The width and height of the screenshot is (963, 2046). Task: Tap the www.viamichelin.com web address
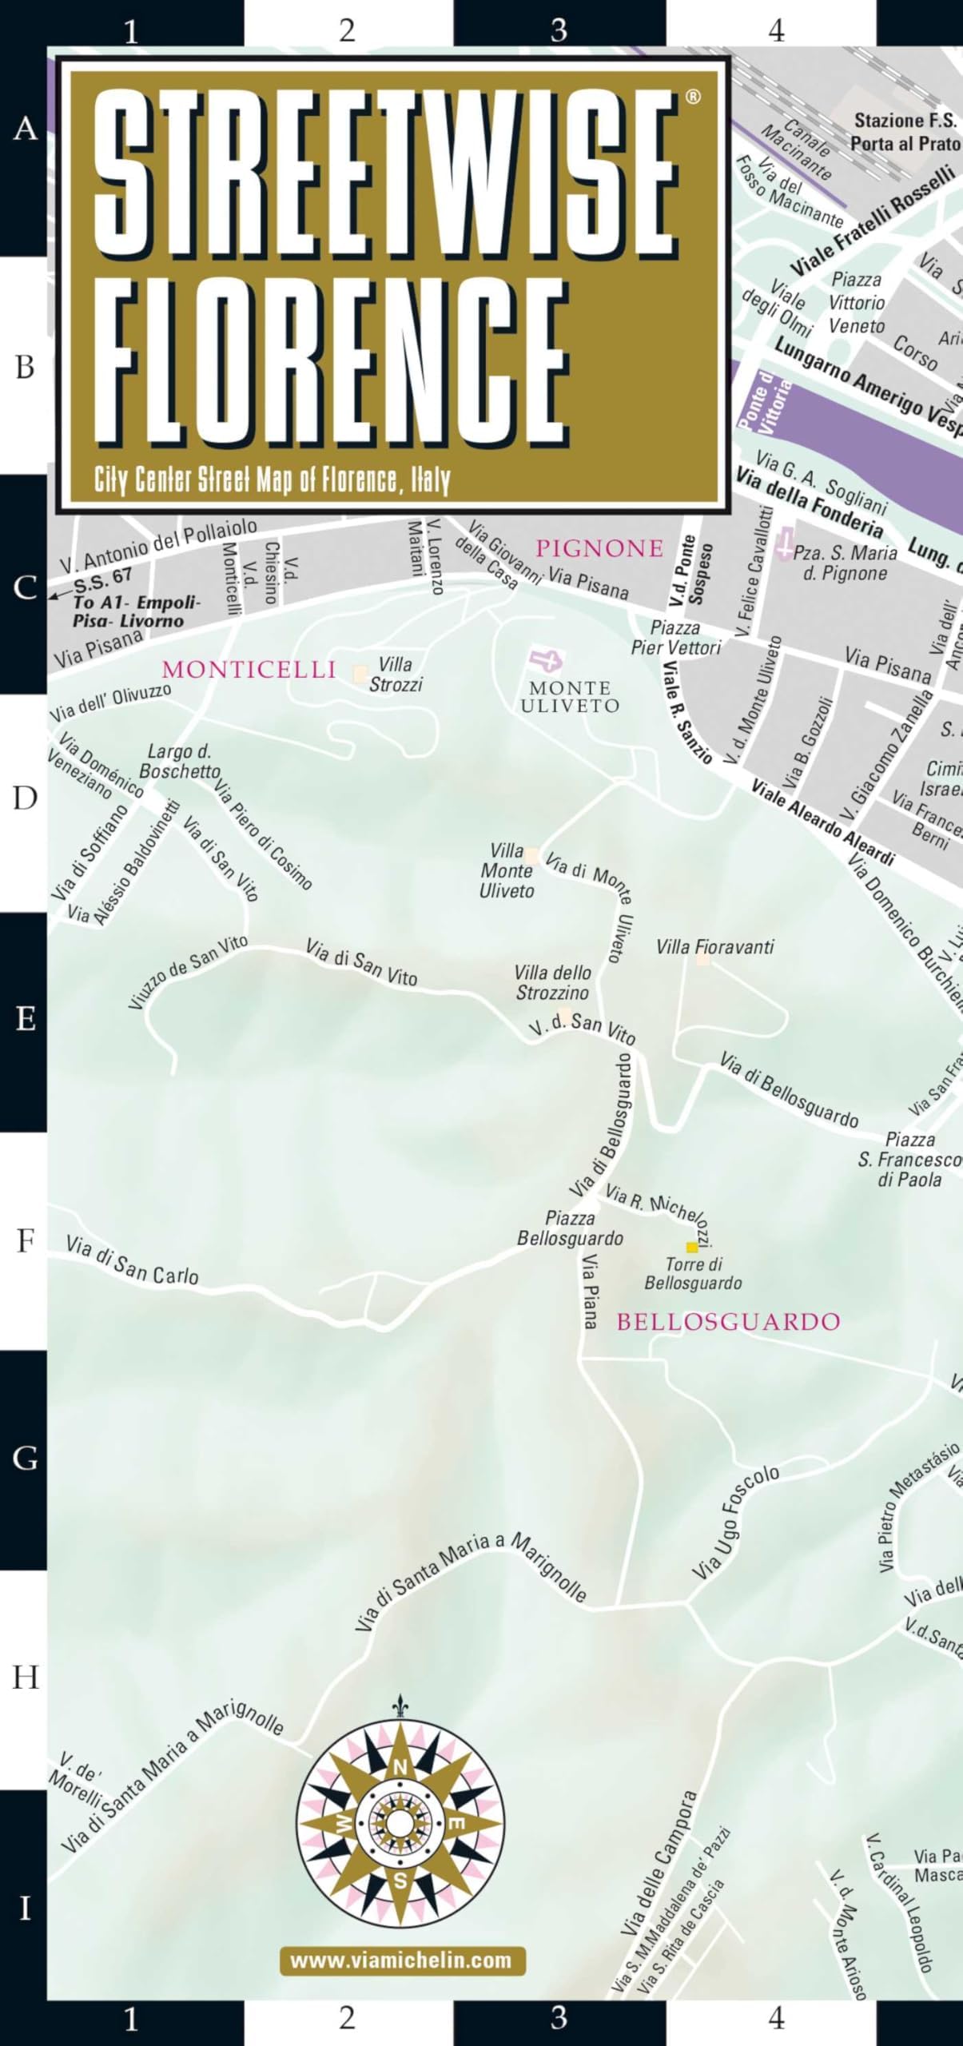click(x=401, y=1960)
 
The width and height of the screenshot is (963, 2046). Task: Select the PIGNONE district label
click(x=599, y=548)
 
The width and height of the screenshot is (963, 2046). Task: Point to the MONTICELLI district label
click(x=249, y=670)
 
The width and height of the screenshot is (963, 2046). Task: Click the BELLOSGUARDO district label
click(x=728, y=1322)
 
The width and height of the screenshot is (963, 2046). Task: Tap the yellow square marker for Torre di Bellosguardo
click(x=691, y=1247)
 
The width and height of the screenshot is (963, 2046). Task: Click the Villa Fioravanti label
click(x=714, y=947)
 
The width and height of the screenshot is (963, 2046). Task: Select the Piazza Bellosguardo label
click(x=570, y=1228)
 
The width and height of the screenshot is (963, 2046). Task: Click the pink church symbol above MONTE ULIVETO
click(x=546, y=660)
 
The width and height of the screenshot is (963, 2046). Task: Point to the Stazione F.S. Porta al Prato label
click(x=905, y=132)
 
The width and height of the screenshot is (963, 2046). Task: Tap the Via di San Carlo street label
click(x=132, y=1260)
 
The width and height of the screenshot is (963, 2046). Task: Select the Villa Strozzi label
click(x=396, y=675)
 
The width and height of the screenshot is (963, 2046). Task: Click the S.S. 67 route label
click(x=102, y=578)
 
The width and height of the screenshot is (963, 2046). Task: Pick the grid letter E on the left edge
click(x=25, y=1019)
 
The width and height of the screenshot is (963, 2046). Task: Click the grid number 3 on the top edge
click(x=559, y=30)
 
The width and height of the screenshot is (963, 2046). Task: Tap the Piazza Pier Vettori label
click(x=676, y=638)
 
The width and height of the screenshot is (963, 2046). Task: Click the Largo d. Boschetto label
click(x=180, y=761)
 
